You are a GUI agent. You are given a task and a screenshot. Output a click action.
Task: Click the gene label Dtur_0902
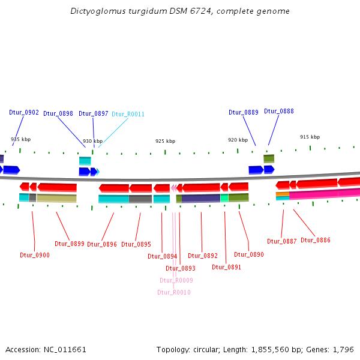[24, 112]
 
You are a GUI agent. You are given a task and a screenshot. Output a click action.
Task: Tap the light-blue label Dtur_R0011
[128, 114]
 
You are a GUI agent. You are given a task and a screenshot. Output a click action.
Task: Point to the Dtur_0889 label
[244, 112]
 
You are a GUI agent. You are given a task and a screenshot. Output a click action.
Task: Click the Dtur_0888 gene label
[279, 111]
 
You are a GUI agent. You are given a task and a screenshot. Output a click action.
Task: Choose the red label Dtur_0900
[35, 255]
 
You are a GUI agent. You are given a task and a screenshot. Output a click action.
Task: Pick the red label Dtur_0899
[70, 244]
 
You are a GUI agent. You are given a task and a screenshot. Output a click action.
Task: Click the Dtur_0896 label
[102, 244]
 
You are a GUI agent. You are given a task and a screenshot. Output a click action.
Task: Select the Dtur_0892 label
[203, 256]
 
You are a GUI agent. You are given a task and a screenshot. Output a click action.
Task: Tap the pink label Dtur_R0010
[174, 292]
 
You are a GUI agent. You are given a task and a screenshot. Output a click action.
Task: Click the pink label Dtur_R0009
[176, 280]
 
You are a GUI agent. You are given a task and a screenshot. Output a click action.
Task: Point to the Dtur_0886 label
[316, 240]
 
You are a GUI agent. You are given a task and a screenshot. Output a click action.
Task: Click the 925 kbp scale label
[165, 141]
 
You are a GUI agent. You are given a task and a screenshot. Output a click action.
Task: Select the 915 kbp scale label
[310, 137]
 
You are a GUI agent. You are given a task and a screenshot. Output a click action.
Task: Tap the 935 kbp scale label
[20, 139]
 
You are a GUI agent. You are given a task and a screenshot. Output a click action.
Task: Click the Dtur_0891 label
[226, 267]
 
